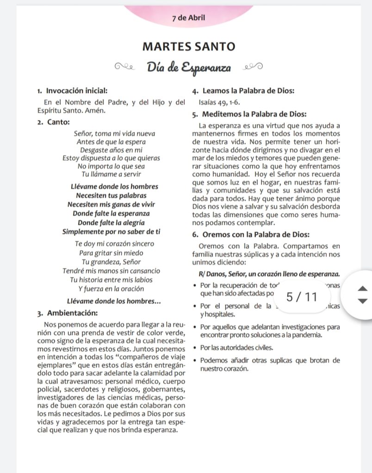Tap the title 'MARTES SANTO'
(188, 47)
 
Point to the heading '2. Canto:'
(54, 122)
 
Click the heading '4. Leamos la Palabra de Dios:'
(243, 91)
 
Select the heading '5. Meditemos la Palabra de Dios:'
(248, 115)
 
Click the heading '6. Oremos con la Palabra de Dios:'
(250, 234)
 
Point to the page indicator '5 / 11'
(302, 297)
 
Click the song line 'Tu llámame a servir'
(111, 174)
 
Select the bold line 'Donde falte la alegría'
(111, 222)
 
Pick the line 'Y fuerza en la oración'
(111, 289)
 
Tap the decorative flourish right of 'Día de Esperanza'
(253, 68)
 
